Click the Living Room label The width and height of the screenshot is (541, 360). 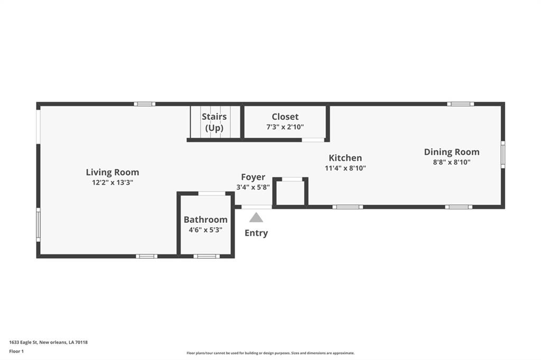tap(113, 172)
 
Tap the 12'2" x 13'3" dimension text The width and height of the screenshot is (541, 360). tap(113, 183)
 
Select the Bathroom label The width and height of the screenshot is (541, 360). tap(206, 220)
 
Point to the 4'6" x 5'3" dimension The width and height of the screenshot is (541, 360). tap(206, 230)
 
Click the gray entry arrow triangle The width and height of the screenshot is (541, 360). tap(256, 217)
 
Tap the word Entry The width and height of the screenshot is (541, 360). tap(256, 233)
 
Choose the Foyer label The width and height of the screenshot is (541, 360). tap(253, 177)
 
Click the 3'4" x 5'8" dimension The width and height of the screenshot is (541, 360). tap(253, 187)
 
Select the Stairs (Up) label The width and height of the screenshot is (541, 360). tap(214, 122)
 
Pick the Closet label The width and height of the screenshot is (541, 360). tap(285, 117)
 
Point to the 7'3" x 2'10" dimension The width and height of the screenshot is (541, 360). tap(285, 127)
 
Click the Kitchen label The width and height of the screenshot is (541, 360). tap(346, 158)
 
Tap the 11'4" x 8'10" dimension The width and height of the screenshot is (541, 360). tap(346, 168)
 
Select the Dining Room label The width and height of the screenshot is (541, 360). tap(452, 152)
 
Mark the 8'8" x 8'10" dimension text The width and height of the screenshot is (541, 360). tap(452, 162)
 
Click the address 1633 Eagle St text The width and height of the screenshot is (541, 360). tap(48, 343)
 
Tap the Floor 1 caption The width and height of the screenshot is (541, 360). tap(16, 352)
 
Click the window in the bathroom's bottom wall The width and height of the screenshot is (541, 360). tap(207, 256)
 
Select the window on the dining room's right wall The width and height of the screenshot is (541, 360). tap(503, 155)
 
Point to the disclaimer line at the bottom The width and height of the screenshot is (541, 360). tap(270, 353)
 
